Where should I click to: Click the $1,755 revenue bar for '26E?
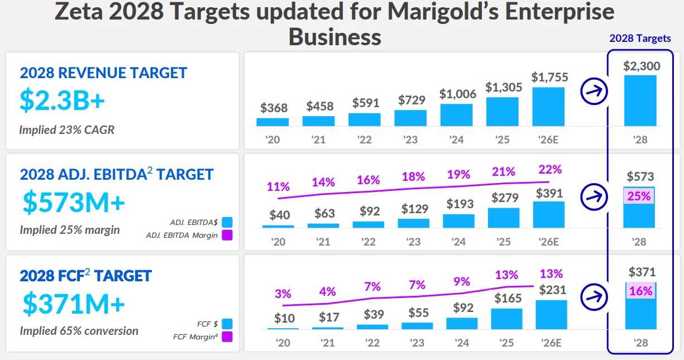click(548, 106)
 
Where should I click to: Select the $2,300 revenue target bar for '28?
click(640, 100)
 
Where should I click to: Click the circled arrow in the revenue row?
click(594, 92)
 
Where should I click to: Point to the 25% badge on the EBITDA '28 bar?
click(639, 196)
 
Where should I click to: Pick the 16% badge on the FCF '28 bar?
click(640, 291)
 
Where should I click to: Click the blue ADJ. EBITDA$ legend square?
click(227, 222)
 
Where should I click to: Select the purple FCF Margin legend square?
click(227, 337)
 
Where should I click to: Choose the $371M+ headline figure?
click(74, 304)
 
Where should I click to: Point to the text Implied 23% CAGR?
click(67, 129)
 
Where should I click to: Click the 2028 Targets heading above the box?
click(640, 39)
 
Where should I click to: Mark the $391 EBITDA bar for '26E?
click(548, 214)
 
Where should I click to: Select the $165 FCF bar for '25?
click(506, 319)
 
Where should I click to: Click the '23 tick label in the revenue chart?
click(410, 140)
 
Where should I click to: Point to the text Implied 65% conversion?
click(79, 331)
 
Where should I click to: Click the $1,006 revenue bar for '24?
click(456, 114)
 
